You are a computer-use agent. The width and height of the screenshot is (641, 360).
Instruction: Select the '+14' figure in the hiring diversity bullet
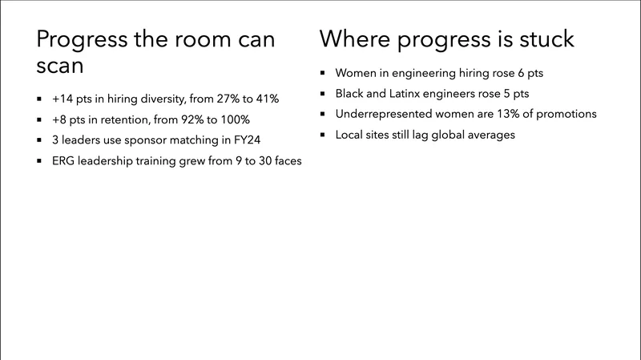[63, 99]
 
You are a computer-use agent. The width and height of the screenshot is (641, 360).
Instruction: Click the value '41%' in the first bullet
[264, 99]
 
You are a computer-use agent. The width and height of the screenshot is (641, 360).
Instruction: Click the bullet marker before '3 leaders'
[40, 141]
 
